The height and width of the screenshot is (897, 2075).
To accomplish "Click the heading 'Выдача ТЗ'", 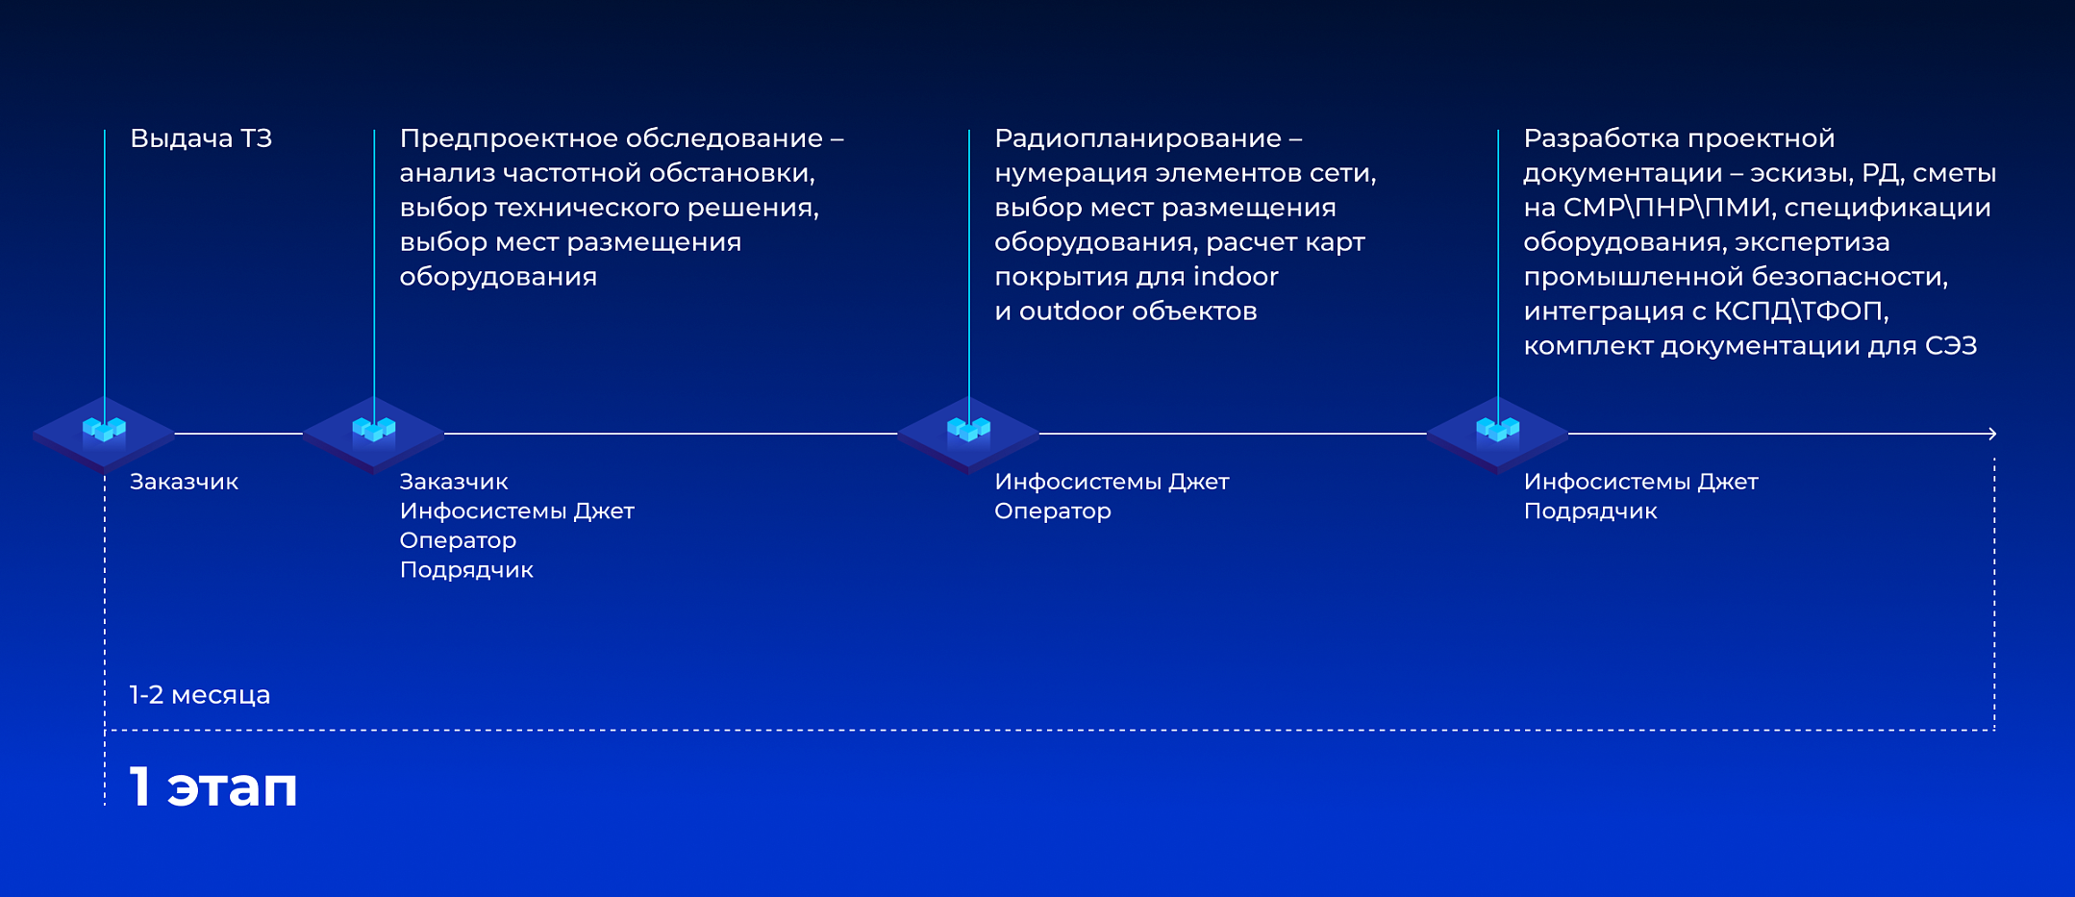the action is tap(201, 138).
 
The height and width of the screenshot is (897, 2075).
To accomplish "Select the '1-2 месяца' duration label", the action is tap(200, 694).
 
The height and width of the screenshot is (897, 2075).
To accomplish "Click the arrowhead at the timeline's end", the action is tap(1992, 434).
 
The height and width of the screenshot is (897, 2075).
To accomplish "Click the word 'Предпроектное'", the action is tap(509, 139).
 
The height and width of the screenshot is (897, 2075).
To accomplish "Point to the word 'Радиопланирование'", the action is tap(1138, 139).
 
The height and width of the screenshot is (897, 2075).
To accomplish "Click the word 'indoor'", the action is tap(1236, 277).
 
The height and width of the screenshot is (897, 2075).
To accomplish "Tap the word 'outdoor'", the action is tap(1071, 311).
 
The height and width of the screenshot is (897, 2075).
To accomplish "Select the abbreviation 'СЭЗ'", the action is tap(1951, 346).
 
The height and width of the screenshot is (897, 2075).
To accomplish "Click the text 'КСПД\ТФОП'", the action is tap(1801, 311).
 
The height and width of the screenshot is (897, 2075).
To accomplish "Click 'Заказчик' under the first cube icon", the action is tap(184, 482).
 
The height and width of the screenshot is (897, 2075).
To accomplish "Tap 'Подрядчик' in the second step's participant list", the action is tap(466, 570).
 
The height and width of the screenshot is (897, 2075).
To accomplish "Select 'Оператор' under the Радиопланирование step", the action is tap(1053, 511).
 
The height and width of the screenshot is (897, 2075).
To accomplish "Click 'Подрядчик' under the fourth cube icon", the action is tap(1590, 511).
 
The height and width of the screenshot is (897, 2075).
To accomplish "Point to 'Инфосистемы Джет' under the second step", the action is tap(517, 511).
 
